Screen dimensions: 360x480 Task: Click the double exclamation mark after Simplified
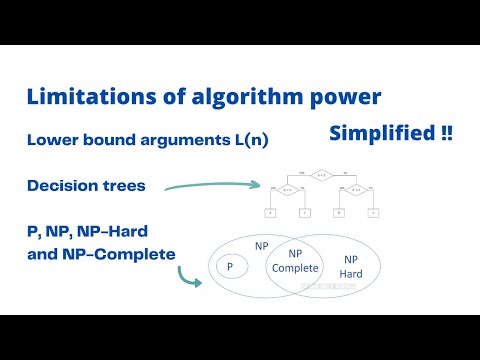click(445, 134)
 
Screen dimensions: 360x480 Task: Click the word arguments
click(172, 142)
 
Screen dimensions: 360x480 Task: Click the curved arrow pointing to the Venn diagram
click(189, 275)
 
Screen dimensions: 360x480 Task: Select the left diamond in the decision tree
click(286, 189)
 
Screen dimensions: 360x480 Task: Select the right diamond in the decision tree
click(355, 189)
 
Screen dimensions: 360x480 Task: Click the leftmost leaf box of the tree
click(270, 212)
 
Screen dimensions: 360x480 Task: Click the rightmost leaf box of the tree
click(372, 212)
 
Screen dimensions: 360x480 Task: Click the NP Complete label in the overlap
click(296, 262)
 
